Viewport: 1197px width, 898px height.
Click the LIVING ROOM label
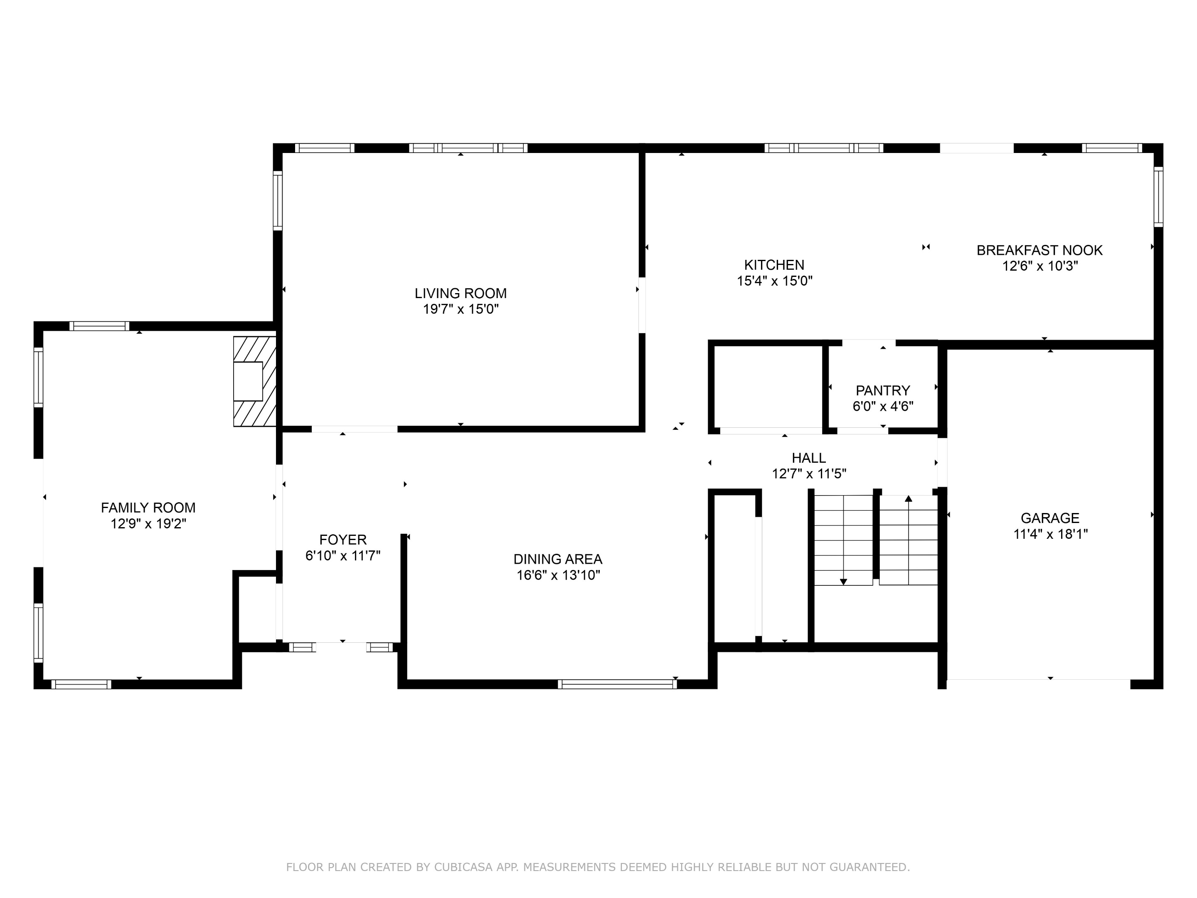click(x=461, y=294)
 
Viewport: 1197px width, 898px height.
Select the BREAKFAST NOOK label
click(x=1039, y=250)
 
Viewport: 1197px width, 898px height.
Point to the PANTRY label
click(x=883, y=390)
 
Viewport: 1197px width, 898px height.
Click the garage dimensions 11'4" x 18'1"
click(x=1050, y=534)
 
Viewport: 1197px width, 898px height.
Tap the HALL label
click(x=808, y=458)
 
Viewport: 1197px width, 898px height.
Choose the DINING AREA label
click(x=557, y=559)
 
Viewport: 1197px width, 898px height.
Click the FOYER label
click(x=342, y=540)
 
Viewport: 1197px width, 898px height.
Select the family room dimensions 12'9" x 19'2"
click(x=148, y=523)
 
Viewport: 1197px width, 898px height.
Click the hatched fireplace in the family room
click(x=255, y=381)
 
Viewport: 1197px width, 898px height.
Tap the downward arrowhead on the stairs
click(x=843, y=582)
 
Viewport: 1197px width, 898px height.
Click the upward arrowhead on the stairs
click(x=909, y=498)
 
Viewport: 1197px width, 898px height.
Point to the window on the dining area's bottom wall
click(x=617, y=684)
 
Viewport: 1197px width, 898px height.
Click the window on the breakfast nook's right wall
click(x=1158, y=197)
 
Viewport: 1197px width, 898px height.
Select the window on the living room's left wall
click(x=277, y=200)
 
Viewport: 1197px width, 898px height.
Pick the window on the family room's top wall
click(x=99, y=326)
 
